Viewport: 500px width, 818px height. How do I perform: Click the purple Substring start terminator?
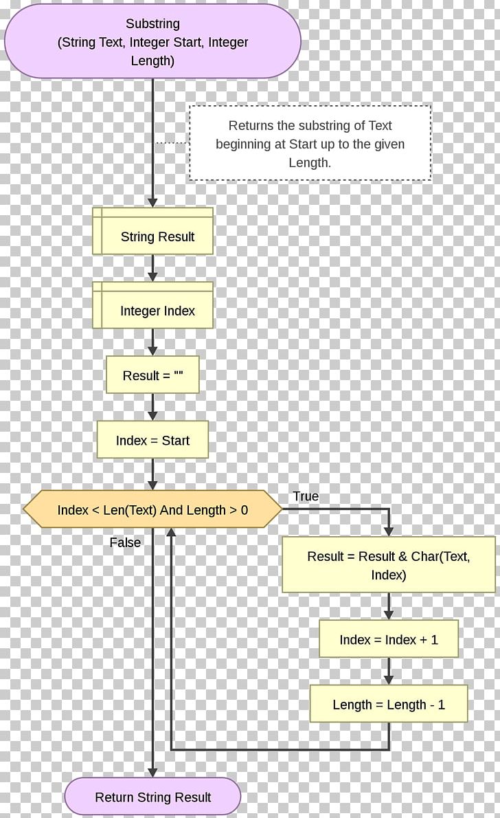[x=152, y=41]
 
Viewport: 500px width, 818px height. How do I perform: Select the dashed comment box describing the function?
[x=310, y=143]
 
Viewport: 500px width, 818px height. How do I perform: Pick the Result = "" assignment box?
[x=152, y=375]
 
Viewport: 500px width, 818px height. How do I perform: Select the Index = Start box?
[x=152, y=441]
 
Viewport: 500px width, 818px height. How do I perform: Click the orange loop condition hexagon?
[x=152, y=510]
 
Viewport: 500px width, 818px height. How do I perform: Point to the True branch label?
[x=306, y=496]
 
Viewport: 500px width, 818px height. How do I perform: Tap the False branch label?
[x=125, y=542]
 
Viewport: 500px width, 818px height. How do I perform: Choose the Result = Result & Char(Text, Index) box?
[x=388, y=565]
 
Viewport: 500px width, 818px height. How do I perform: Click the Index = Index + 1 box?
[x=388, y=639]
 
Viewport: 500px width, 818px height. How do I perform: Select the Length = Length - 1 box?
[x=388, y=704]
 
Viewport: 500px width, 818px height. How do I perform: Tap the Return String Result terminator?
[x=152, y=797]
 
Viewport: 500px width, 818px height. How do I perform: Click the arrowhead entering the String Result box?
[x=152, y=202]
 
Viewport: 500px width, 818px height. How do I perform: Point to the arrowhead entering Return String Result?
[x=152, y=773]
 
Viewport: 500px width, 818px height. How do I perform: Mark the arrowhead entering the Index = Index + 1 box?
[x=389, y=615]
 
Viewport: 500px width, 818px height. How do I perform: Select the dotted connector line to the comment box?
[x=171, y=143]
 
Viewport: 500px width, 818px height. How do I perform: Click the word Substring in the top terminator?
[x=152, y=24]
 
